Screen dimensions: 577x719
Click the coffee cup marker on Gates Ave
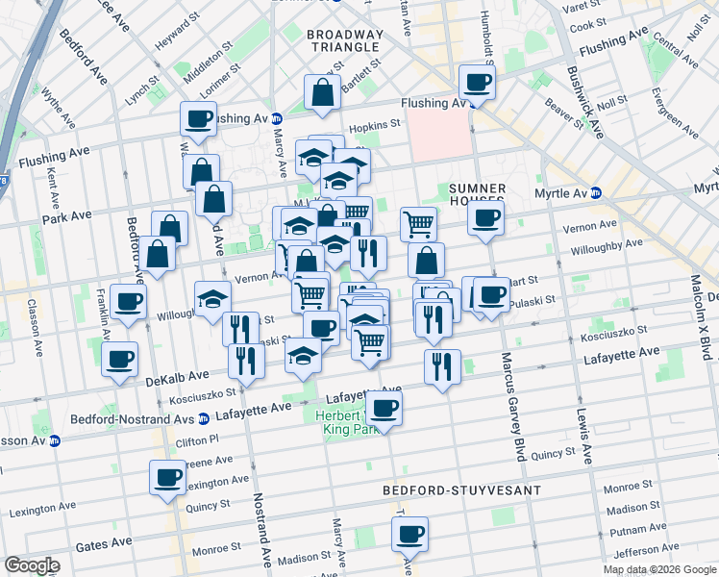(x=410, y=533)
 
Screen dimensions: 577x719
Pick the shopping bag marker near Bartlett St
(x=322, y=91)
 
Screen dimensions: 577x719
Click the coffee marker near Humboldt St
(x=476, y=82)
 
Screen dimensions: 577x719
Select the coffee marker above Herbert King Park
(x=384, y=408)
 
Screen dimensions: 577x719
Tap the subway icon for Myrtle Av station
(x=595, y=192)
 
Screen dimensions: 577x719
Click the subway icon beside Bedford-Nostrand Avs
(x=203, y=418)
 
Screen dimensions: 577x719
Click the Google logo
(x=32, y=565)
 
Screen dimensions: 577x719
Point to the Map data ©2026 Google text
(x=658, y=569)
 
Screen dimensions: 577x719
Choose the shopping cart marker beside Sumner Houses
(x=418, y=224)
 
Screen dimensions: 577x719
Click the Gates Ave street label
(x=104, y=544)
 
